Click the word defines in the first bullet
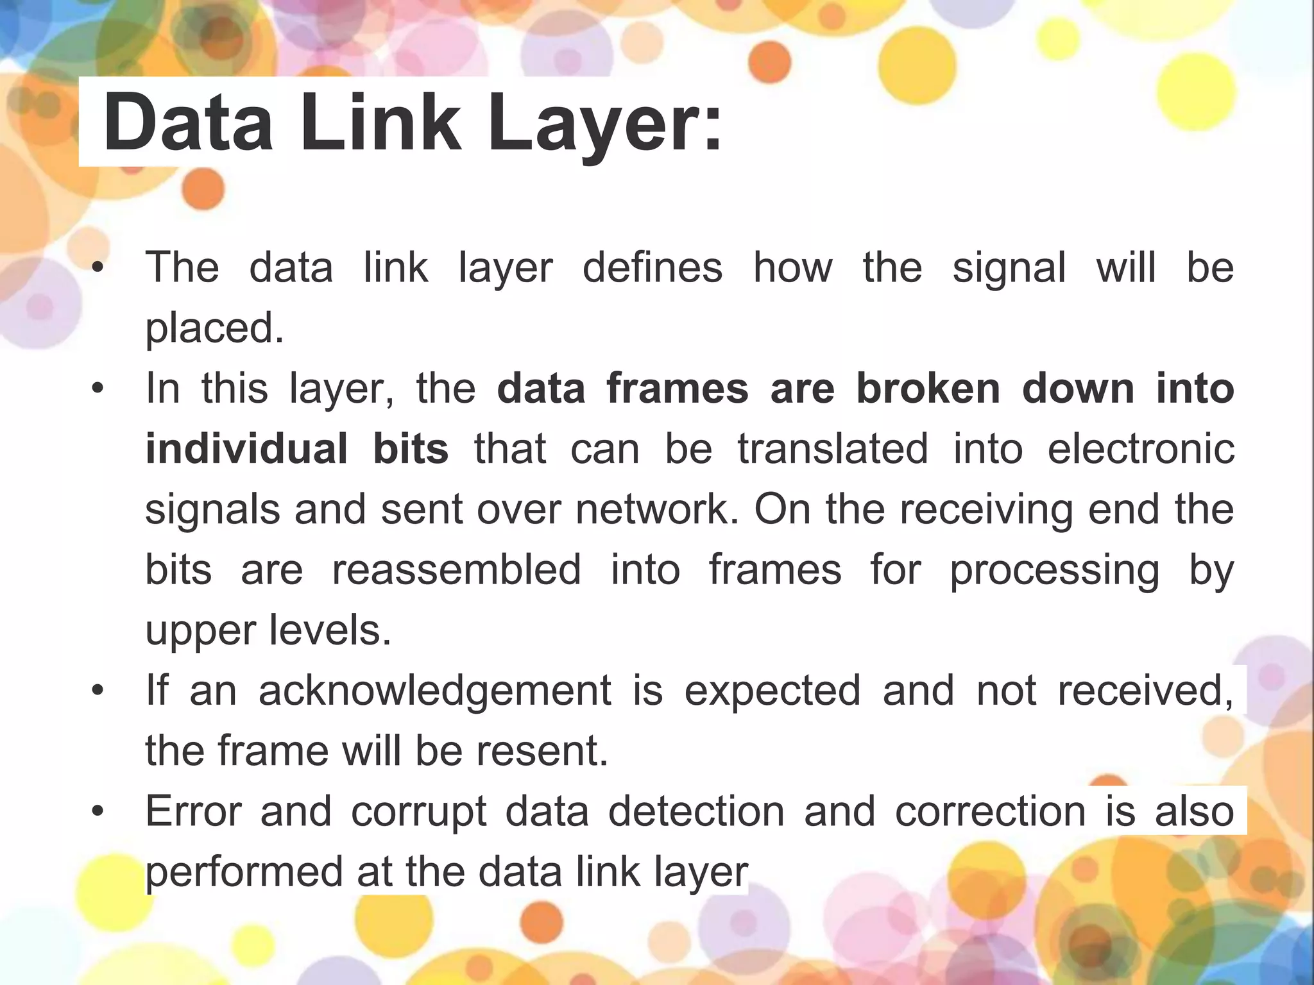coord(653,267)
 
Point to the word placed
coord(214,328)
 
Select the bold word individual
coord(247,449)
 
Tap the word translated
coord(833,449)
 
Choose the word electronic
coord(1141,449)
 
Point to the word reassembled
coord(456,569)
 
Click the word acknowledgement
coord(435,691)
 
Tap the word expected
coord(772,691)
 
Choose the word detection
coord(697,811)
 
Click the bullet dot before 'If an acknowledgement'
coord(97,691)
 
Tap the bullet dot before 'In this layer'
coord(97,389)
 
